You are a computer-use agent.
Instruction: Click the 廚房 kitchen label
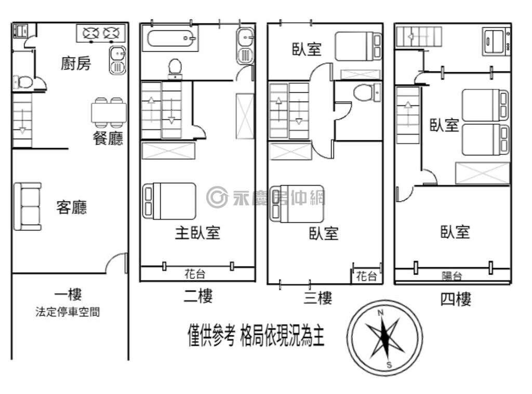pos(76,63)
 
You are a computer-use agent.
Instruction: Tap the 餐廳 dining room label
pos(108,138)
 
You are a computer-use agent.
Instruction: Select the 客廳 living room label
pos(72,207)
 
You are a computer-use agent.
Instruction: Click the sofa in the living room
pos(27,207)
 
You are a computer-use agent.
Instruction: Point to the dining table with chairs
pos(109,111)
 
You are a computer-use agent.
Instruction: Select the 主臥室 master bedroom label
pos(197,233)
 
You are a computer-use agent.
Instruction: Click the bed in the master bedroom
pos(169,202)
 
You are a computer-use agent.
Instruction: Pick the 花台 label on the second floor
pos(195,274)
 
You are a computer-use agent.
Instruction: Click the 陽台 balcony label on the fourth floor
pos(451,276)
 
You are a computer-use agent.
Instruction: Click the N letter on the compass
pos(380,312)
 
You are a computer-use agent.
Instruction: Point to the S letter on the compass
pos(389,365)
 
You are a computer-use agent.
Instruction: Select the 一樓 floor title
pos(68,294)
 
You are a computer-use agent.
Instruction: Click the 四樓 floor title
pos(456,299)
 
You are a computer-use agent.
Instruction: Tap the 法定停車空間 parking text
pos(68,312)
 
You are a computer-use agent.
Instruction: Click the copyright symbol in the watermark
pos(217,197)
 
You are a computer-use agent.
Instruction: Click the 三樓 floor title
pos(317,298)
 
